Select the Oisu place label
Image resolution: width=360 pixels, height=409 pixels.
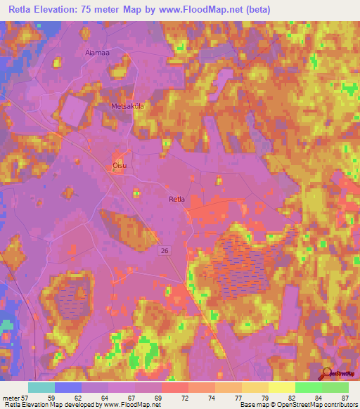120,166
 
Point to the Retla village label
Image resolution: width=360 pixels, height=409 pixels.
177,199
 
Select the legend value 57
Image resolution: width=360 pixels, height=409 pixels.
27,398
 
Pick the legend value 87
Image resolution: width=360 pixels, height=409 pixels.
345,398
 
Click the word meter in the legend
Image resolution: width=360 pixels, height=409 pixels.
11,398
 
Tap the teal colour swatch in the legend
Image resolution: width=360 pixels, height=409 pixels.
41,387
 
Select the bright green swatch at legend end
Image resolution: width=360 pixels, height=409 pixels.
335,387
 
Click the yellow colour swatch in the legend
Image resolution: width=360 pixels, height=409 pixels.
281,387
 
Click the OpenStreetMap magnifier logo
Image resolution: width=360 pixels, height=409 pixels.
326,375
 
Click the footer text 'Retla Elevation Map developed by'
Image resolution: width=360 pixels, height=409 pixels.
49,405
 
